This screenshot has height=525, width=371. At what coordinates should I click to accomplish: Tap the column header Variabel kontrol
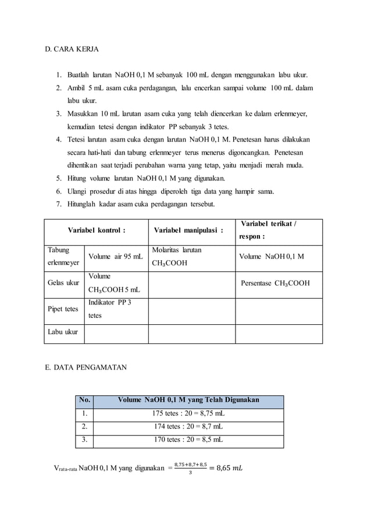pyautogui.click(x=97, y=230)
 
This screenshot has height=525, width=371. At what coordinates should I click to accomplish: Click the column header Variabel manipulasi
pyautogui.click(x=188, y=230)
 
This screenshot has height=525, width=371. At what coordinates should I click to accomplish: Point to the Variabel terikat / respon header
pyautogui.click(x=267, y=230)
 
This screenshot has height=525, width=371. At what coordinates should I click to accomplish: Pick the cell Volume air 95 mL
pyautogui.click(x=115, y=256)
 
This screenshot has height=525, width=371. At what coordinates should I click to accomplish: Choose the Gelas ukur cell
pyautogui.click(x=63, y=283)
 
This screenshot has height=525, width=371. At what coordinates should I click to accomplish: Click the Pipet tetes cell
pyautogui.click(x=63, y=309)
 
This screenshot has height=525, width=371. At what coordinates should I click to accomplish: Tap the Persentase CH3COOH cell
pyautogui.click(x=275, y=283)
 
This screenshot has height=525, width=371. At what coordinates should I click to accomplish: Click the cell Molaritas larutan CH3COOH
pyautogui.click(x=177, y=256)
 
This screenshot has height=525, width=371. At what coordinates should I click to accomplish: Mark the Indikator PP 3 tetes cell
pyautogui.click(x=109, y=309)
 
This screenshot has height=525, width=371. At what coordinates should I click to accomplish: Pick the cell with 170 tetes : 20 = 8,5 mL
pyautogui.click(x=188, y=441)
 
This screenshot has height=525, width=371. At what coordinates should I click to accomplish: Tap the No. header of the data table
pyautogui.click(x=85, y=400)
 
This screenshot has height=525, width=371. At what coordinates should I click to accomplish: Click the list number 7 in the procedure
pyautogui.click(x=59, y=204)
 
